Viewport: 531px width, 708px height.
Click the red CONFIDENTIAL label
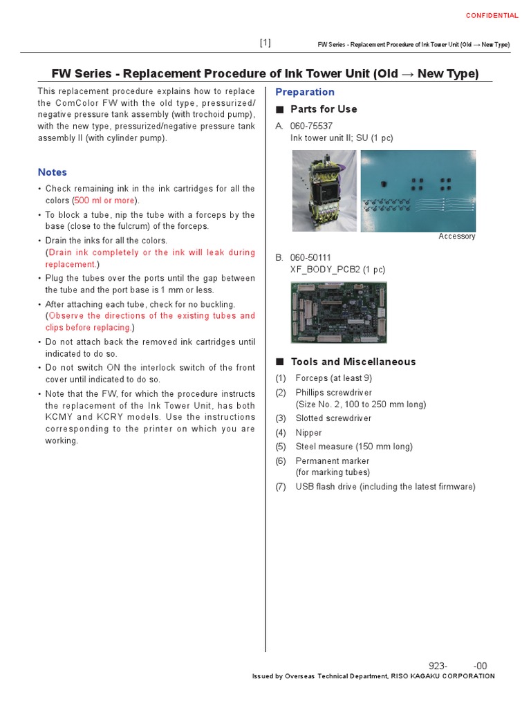492,15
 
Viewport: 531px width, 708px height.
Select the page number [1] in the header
265,43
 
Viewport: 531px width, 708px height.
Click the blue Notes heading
53,172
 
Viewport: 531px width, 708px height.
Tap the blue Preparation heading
305,92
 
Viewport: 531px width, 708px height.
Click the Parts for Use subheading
323,109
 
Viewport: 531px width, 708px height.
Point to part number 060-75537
311,126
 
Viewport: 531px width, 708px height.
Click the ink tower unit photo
324,191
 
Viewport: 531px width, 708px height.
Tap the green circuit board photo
338,313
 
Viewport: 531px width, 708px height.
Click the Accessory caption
457,236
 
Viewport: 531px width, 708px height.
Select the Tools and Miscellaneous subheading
353,362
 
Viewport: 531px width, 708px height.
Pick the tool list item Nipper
308,433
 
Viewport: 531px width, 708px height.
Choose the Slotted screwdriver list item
333,418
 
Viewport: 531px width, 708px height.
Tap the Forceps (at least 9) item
333,378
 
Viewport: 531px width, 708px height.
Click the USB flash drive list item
385,487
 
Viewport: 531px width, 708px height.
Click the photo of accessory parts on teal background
418,191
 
